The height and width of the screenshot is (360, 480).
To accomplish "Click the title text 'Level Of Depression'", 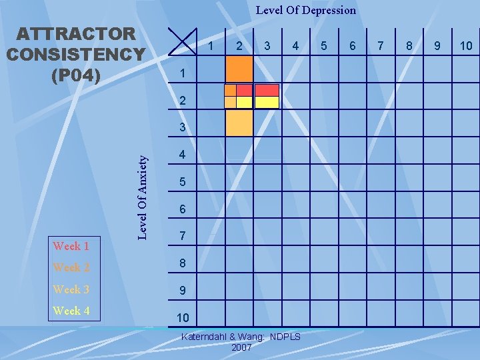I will [306, 10].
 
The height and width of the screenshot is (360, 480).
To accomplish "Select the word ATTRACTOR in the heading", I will [76, 33].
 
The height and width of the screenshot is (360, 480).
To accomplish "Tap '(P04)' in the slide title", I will [76, 75].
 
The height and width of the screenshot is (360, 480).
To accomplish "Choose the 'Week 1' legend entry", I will [71, 246].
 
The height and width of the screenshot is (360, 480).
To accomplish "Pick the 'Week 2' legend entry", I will [71, 267].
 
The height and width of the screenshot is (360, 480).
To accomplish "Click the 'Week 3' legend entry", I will [71, 289].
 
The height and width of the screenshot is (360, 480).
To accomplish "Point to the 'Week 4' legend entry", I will [71, 311].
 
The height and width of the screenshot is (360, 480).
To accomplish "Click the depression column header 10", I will [466, 46].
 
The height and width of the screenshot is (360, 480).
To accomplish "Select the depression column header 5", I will [324, 46].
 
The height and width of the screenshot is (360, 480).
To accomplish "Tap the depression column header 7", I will [381, 46].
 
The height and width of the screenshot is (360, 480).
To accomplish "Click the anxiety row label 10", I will [183, 318].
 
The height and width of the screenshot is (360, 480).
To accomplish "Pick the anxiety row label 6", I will [183, 209].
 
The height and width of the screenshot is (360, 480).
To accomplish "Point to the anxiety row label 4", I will [183, 155].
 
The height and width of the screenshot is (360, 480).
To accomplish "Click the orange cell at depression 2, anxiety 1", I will [239, 69].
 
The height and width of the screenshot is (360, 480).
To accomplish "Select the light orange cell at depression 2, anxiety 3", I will [239, 123].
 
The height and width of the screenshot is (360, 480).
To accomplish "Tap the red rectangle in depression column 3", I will [267, 89].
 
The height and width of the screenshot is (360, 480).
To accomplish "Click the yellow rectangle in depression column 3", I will [267, 102].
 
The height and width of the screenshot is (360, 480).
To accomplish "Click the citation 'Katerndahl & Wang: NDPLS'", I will [241, 337].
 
